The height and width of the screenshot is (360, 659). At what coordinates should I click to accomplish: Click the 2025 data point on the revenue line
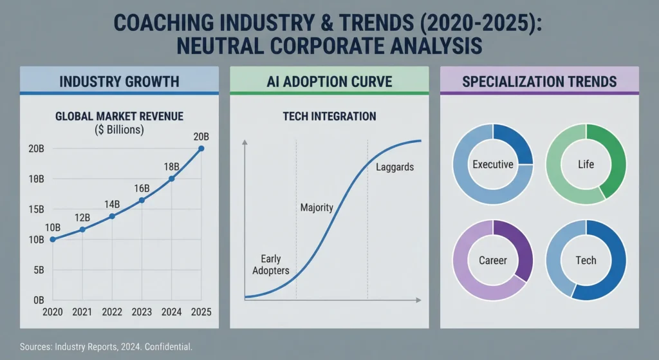point(201,149)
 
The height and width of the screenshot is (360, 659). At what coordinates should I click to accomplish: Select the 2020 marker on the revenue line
point(52,240)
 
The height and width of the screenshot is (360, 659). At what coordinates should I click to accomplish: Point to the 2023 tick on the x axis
point(142,312)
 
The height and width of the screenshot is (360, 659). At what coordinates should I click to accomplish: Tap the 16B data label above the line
point(142,188)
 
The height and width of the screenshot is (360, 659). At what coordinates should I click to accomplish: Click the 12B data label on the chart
point(82,217)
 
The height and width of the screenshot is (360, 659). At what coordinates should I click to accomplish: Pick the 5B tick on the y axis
point(37,270)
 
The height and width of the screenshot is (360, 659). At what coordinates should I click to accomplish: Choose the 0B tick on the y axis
point(37,301)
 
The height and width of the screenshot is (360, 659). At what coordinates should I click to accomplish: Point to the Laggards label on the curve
point(394,167)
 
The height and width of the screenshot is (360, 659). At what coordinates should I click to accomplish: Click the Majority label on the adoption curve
point(317,207)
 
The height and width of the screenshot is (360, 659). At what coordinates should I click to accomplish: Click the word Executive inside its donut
point(493,164)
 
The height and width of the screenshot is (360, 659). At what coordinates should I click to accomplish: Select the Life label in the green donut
point(586,164)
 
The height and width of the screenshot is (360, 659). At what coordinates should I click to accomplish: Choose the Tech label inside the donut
point(586,260)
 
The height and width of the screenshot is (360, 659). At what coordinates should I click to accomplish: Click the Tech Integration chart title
point(329,117)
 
